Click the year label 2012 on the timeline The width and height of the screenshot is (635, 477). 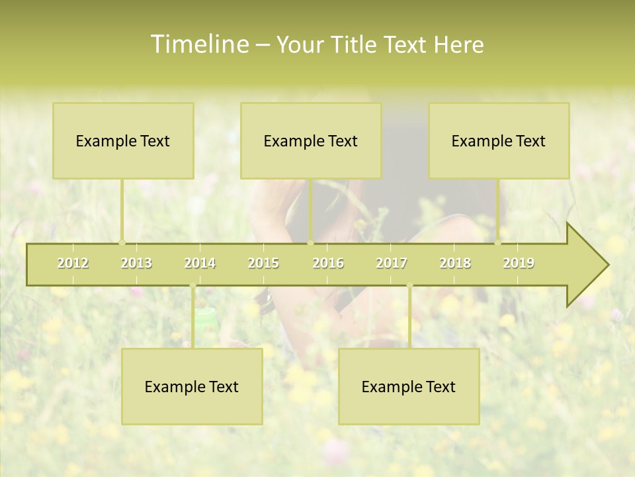pyautogui.click(x=73, y=263)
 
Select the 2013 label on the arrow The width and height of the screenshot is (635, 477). pyautogui.click(x=136, y=263)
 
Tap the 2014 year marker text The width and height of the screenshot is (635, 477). pyautogui.click(x=200, y=263)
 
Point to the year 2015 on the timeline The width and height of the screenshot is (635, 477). pyautogui.click(x=263, y=263)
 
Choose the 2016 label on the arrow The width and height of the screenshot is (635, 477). pyautogui.click(x=328, y=263)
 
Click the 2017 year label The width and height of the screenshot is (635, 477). pyautogui.click(x=392, y=263)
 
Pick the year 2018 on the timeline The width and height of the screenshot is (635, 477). pyautogui.click(x=455, y=263)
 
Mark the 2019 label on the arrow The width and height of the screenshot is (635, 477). pyautogui.click(x=519, y=263)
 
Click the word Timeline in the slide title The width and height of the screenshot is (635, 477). pyautogui.click(x=198, y=44)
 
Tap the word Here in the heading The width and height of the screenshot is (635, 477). pyautogui.click(x=458, y=44)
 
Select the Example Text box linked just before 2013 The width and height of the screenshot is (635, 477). pyautogui.click(x=123, y=140)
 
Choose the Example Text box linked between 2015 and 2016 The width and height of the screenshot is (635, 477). pyautogui.click(x=311, y=140)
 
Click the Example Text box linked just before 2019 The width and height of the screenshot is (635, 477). pyautogui.click(x=499, y=140)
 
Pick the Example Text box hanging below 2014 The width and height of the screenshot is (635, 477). pyautogui.click(x=192, y=386)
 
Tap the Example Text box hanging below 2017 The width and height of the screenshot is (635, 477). pyautogui.click(x=409, y=386)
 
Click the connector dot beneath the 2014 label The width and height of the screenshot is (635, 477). pyautogui.click(x=192, y=286)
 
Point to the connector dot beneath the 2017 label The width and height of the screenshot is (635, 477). pyautogui.click(x=409, y=286)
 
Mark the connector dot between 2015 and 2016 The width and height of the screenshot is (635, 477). pyautogui.click(x=311, y=243)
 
